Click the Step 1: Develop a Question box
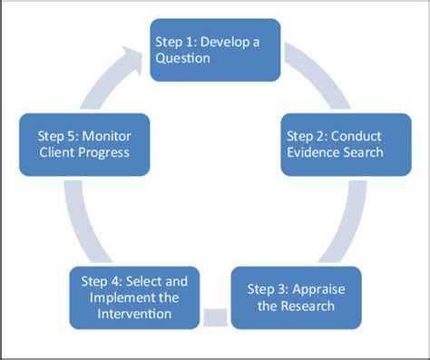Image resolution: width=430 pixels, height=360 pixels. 215,50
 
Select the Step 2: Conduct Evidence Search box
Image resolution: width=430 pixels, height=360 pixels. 346,144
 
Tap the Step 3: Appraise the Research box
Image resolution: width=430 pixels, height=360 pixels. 296,297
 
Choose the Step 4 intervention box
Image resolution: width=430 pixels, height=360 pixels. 134,297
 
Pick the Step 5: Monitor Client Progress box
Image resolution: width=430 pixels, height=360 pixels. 84,144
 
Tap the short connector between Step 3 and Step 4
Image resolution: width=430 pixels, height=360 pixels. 215,317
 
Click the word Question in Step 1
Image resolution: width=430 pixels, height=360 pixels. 182,58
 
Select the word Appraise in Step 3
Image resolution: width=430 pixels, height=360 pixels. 318,290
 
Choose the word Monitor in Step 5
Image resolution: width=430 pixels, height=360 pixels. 106,136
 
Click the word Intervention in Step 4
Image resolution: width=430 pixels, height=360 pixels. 134,314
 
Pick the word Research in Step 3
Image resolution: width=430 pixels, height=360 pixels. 308,306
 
